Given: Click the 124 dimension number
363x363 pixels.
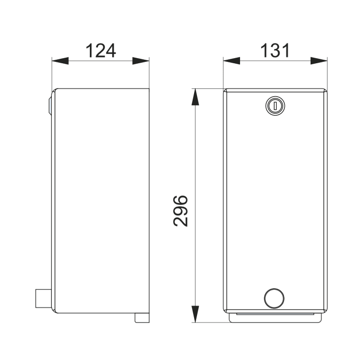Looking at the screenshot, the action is tap(101, 51).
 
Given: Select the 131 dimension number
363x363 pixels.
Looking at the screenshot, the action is tap(275, 51).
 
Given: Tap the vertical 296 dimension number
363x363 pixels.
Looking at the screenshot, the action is tap(180, 211).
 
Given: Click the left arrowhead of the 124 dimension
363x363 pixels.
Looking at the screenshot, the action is tap(60, 61).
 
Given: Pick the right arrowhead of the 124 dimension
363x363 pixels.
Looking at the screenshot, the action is tap(141, 61).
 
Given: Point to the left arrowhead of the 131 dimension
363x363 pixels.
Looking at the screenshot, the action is tap(232, 61).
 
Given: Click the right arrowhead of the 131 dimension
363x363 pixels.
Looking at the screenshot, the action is tap(319, 61).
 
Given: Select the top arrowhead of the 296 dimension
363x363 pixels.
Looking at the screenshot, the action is tap(196, 97).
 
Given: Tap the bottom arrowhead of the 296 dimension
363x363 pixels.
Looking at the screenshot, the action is tap(196, 314).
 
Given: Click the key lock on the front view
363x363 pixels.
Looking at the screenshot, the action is tap(275, 106).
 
